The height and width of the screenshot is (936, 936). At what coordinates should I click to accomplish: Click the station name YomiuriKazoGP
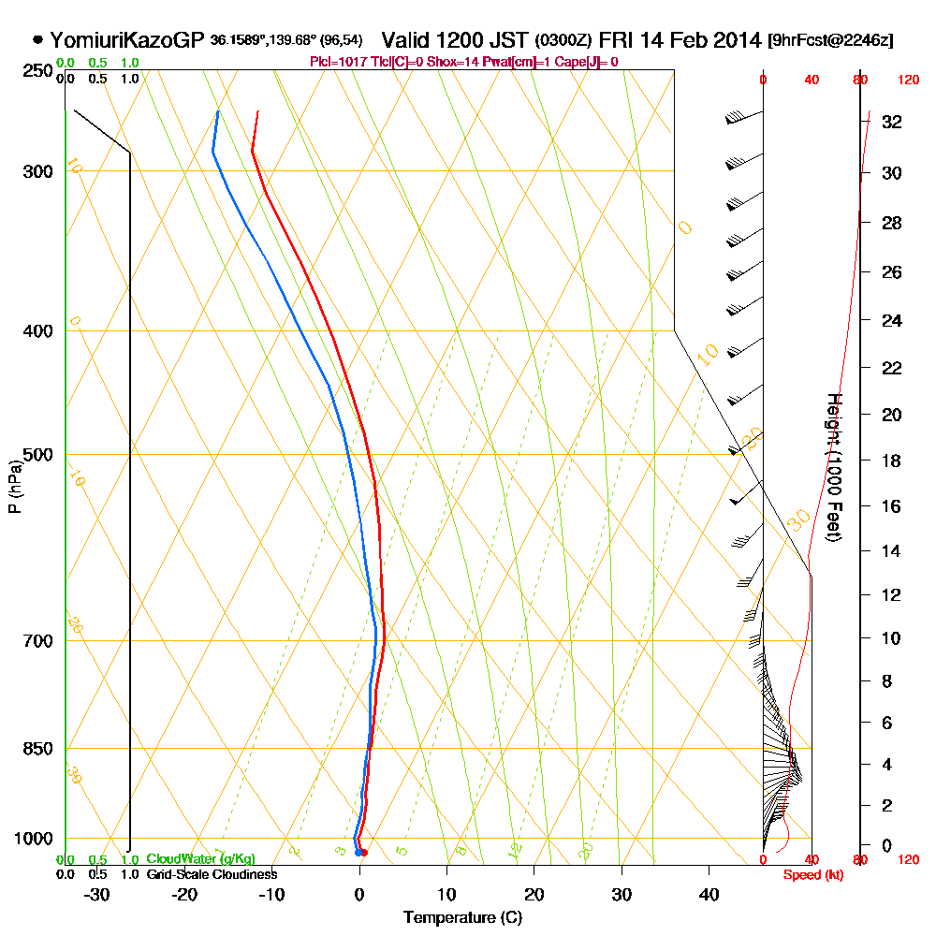coord(125,40)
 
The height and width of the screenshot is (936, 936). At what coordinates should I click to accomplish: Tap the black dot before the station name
coord(37,40)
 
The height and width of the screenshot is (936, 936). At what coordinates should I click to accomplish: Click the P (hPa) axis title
coord(14,487)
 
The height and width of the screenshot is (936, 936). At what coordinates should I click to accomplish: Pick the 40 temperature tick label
coord(709,894)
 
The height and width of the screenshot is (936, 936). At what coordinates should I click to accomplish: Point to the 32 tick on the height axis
coord(891,122)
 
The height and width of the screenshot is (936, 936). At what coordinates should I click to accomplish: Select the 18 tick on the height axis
coord(891,461)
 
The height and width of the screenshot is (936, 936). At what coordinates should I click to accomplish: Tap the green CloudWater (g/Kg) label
coord(200,859)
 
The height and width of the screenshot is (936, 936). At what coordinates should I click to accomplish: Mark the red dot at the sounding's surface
coord(363,853)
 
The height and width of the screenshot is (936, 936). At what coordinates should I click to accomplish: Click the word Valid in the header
coord(403,40)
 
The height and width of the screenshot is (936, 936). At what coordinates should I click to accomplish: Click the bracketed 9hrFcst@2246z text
coord(829,41)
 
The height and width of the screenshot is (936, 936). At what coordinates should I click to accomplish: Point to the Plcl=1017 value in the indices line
coord(341,62)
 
